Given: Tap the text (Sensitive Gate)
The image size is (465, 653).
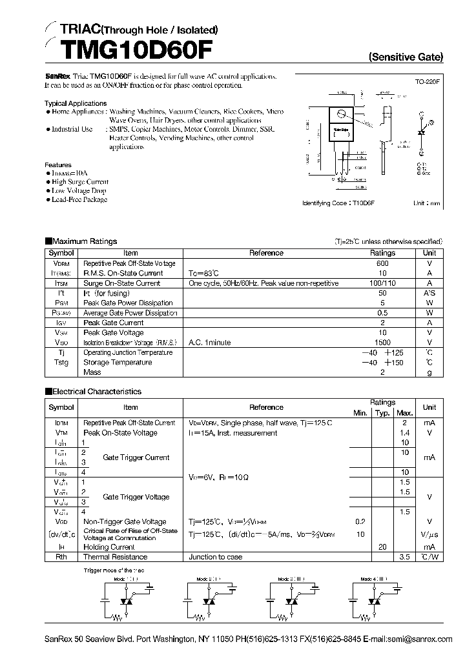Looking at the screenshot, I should pos(406,57).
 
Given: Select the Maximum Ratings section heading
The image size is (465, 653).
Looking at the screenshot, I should pos(85,241).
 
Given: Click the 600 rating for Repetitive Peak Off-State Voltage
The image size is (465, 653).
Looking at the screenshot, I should pos(382,263).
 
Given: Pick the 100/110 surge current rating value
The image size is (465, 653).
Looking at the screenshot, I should pos(382,283).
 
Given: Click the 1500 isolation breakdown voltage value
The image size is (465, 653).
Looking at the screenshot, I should pos(382,343).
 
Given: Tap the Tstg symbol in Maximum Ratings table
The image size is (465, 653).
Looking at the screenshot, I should pos(61,363).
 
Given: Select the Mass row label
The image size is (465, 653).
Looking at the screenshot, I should pos(92,372).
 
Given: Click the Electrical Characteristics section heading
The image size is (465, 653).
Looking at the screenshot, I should pos(96,392).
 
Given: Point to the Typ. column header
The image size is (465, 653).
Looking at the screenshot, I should pos(382,413).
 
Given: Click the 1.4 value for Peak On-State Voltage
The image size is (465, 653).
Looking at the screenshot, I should pos(405,433).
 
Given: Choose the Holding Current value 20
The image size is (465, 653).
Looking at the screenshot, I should pos(382,547).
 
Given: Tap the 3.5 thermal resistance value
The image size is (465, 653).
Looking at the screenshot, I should pos(405,556).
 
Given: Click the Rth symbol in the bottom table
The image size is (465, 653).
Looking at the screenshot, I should pos(61,557).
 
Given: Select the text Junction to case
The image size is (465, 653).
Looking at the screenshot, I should pos(216,557).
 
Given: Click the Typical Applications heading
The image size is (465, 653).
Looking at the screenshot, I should pos(76,103).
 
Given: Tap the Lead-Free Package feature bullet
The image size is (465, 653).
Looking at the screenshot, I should pos(79,199).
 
